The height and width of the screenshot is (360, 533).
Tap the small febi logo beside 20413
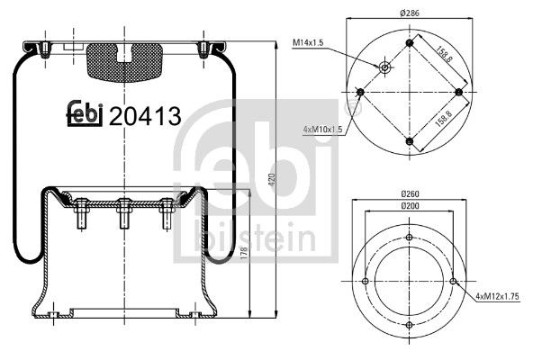[86, 112]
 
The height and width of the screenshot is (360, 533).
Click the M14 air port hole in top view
[385, 66]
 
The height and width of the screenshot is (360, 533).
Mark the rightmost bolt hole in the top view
[459, 92]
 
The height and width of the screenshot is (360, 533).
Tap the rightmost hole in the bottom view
[454, 282]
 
